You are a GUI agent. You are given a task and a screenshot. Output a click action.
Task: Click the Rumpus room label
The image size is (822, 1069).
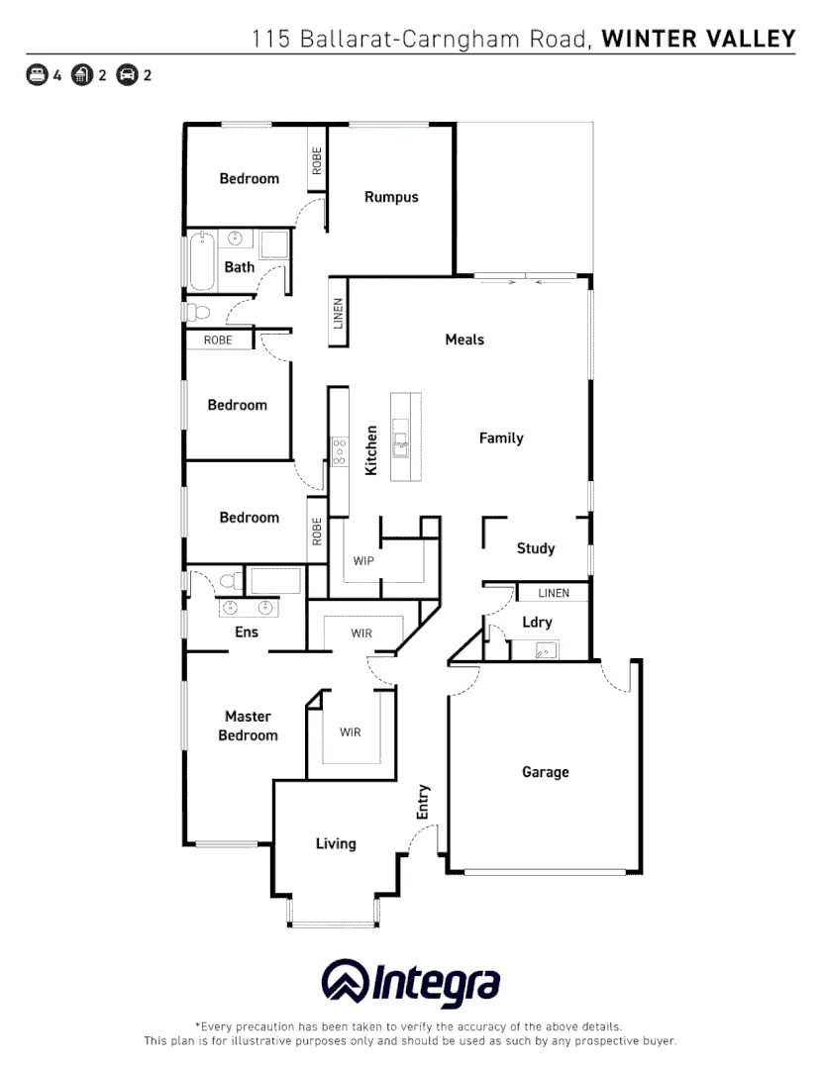[391, 197]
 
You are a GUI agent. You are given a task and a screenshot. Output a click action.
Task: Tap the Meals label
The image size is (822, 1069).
[464, 340]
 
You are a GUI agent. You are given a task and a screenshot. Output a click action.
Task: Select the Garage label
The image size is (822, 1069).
[546, 772]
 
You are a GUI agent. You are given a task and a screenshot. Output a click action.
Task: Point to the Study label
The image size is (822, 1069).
[536, 548]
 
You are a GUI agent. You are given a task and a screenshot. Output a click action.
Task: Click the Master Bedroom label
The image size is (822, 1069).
[248, 726]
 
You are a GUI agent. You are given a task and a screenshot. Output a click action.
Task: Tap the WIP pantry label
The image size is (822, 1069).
[364, 561]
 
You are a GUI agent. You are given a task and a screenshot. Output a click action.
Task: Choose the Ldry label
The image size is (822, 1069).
[537, 623]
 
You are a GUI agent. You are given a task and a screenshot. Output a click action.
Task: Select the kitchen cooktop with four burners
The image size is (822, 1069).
[340, 451]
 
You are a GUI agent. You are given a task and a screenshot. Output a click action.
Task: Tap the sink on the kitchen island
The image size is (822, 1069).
[400, 438]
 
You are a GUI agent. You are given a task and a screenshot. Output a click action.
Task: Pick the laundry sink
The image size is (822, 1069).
[544, 650]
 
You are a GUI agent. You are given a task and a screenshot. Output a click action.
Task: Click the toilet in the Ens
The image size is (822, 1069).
[231, 580]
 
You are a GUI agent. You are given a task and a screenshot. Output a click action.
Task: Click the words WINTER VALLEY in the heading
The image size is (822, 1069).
[698, 39]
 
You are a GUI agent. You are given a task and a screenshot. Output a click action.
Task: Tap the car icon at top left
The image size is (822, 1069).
[127, 74]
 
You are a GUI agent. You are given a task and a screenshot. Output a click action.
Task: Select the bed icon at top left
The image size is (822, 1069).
[37, 74]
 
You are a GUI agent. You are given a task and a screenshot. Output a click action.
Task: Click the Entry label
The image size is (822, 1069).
[424, 801]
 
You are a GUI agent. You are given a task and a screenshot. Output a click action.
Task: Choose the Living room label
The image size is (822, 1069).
[336, 844]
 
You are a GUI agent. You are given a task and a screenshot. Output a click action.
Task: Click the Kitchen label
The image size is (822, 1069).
[371, 450]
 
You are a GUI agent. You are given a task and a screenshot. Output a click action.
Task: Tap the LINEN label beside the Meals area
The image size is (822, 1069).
[338, 315]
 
